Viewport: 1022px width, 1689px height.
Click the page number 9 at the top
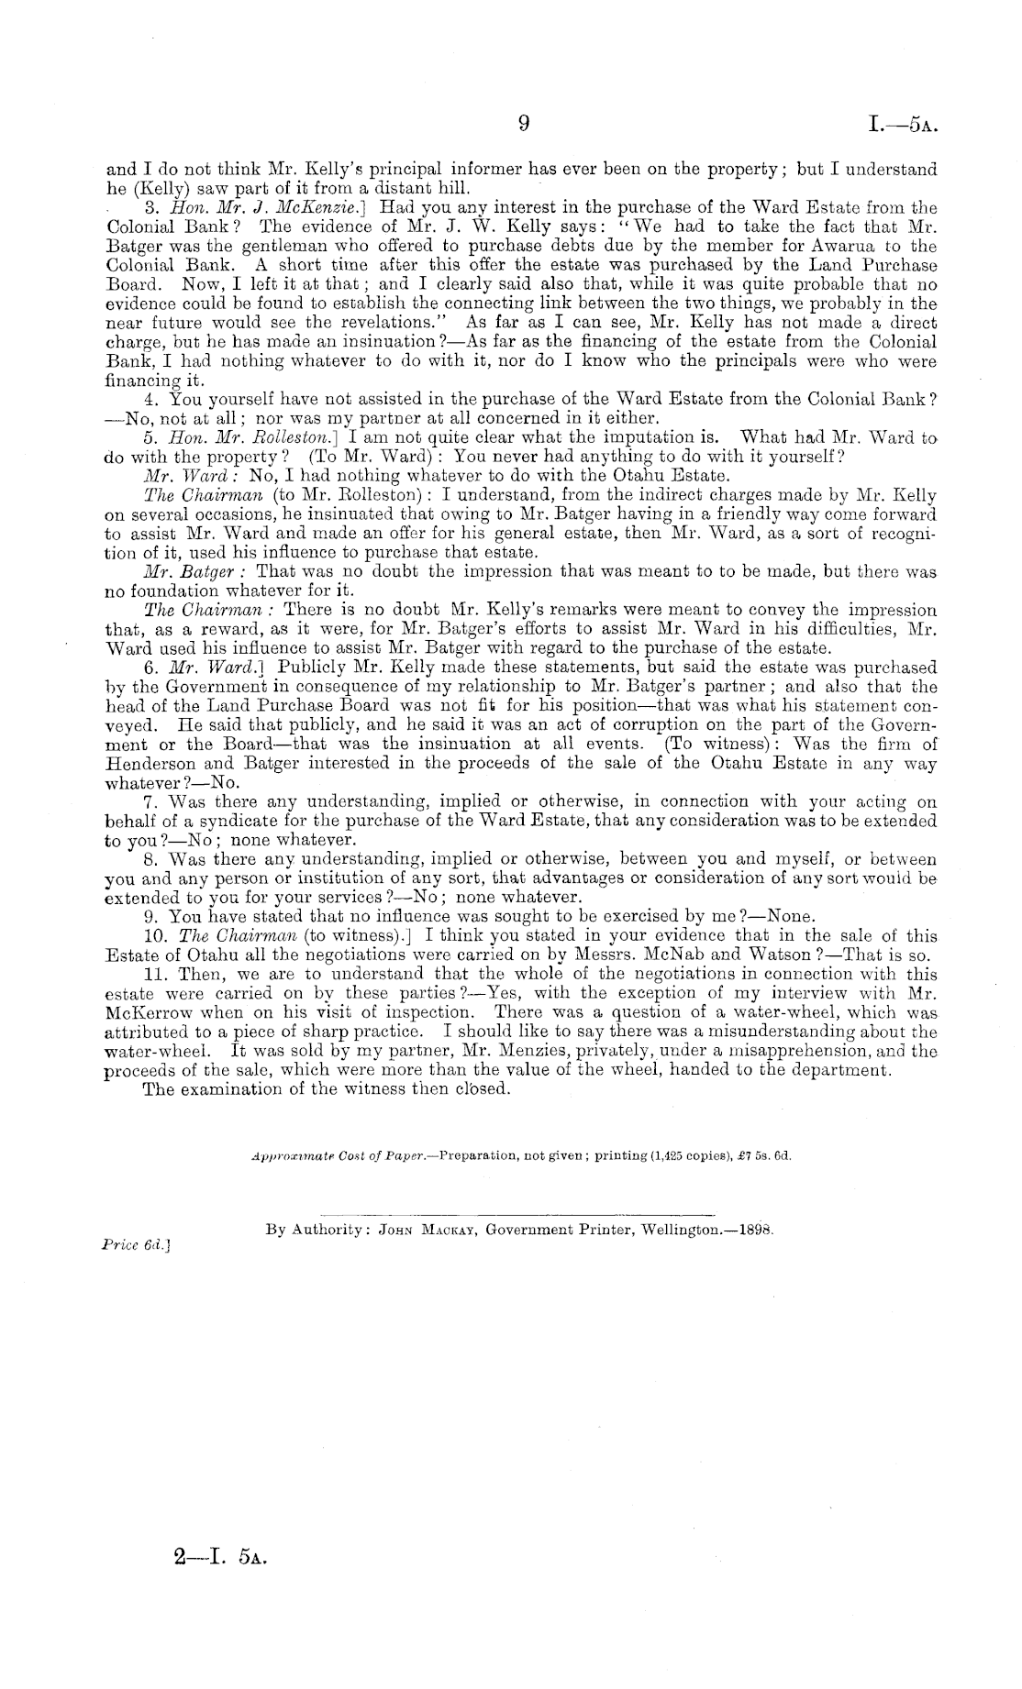coord(523,124)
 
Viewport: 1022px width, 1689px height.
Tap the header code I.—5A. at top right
coord(901,125)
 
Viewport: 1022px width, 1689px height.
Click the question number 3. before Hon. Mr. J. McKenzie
coord(152,207)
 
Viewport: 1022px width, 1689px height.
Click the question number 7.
coord(152,801)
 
